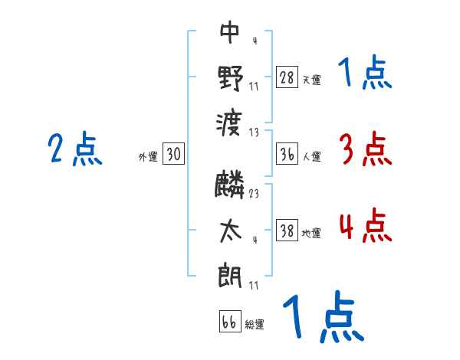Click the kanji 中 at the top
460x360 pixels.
(x=230, y=32)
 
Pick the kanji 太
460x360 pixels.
(x=230, y=231)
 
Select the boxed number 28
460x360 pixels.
(x=287, y=77)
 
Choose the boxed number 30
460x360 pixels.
(x=173, y=155)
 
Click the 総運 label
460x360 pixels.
(x=255, y=324)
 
